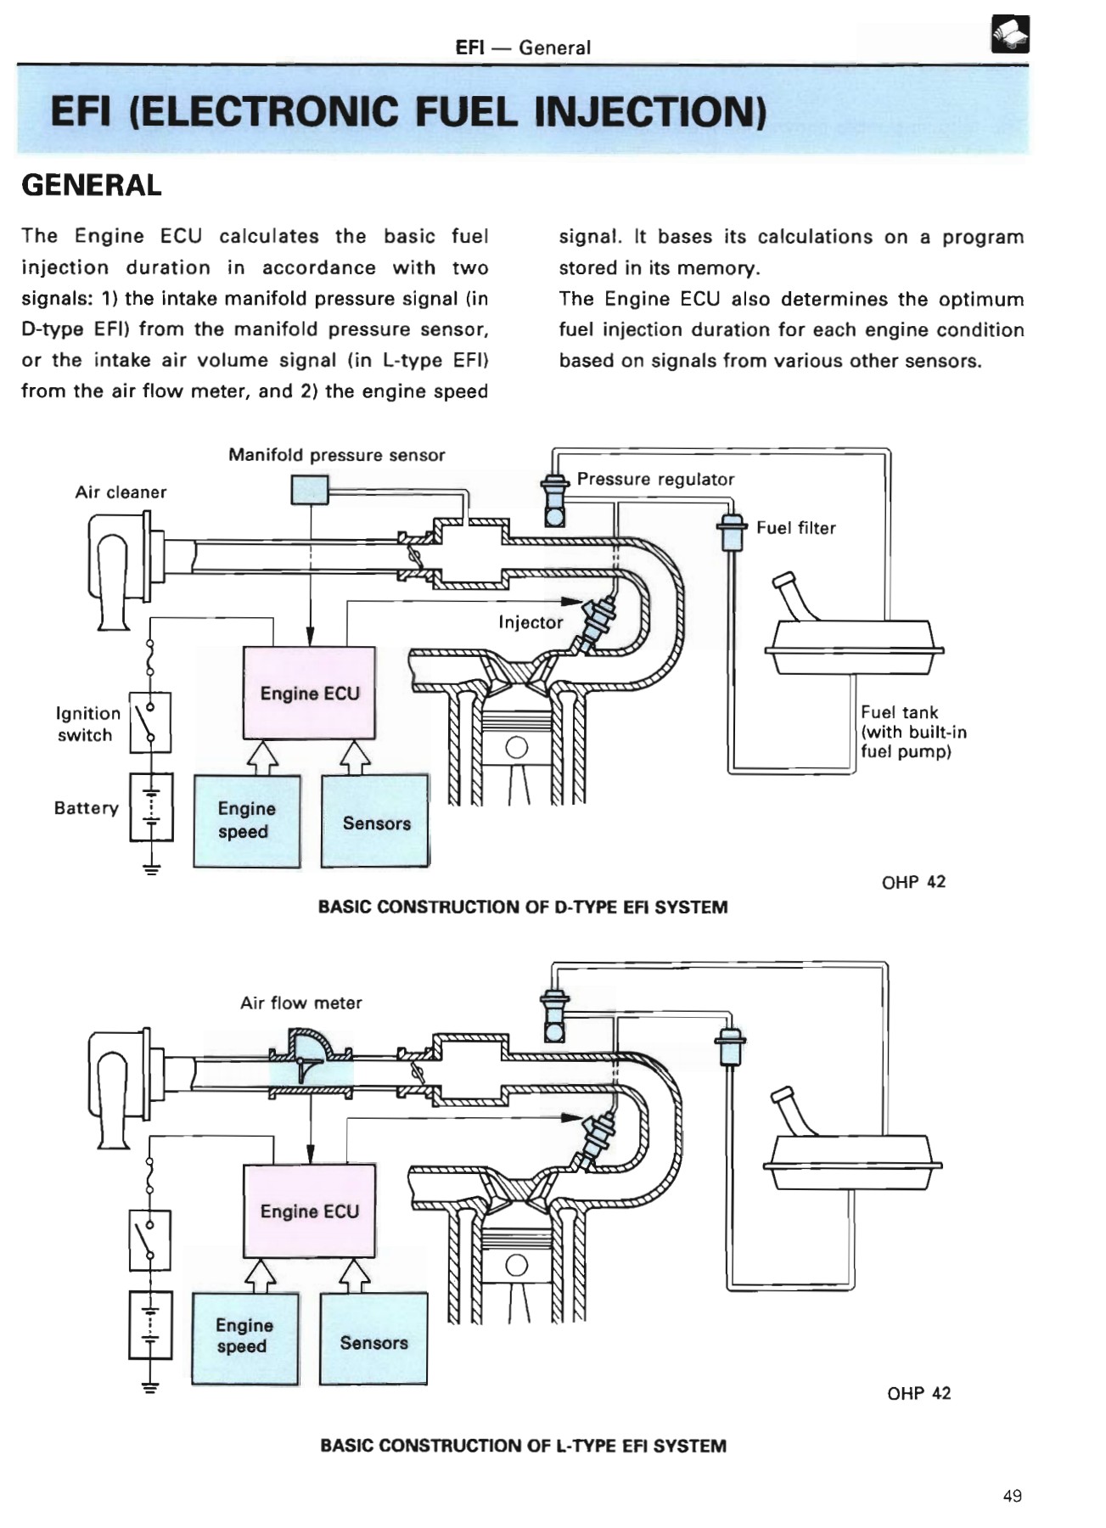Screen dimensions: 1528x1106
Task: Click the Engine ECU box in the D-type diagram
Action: (309, 693)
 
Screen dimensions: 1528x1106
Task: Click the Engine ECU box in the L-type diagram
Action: (309, 1211)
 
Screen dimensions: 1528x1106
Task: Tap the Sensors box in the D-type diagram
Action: (376, 822)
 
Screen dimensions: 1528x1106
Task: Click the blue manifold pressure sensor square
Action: (309, 490)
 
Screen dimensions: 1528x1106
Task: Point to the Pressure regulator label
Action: (655, 479)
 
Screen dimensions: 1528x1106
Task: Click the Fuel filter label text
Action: (795, 528)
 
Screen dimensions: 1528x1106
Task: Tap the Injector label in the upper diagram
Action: (531, 622)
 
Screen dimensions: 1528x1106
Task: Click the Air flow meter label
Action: (300, 1003)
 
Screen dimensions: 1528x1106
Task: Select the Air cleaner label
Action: (121, 492)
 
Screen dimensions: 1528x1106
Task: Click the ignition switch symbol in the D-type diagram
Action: (150, 722)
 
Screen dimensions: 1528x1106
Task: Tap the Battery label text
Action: (86, 808)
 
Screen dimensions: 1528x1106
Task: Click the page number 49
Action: (1012, 1496)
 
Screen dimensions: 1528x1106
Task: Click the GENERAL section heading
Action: (91, 185)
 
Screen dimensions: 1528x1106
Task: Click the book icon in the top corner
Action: (1009, 35)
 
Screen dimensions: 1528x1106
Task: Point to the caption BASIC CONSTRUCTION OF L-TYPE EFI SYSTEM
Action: (523, 1446)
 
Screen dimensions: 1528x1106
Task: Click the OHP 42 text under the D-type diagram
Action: (913, 882)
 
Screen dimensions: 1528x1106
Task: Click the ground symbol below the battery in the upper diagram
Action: (151, 868)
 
